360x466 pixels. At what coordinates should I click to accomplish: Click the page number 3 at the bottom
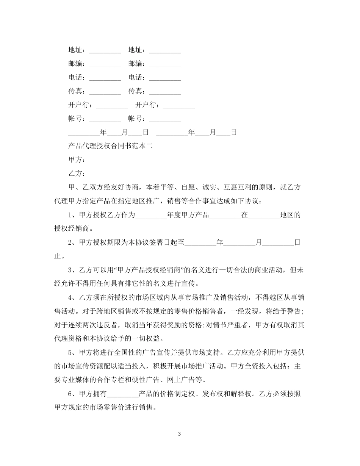[x=180, y=433]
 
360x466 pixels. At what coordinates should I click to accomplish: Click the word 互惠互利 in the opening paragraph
[x=238, y=188]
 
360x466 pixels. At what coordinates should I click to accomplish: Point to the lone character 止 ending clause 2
[x=58, y=256]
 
